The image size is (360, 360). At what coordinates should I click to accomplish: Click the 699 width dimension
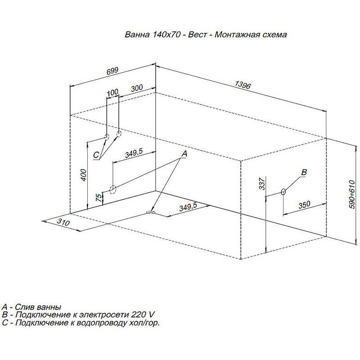click(x=113, y=71)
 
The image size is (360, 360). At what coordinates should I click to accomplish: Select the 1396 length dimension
click(x=243, y=85)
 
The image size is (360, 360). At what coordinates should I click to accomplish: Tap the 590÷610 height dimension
click(x=352, y=194)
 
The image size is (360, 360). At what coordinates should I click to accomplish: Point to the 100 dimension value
click(x=112, y=93)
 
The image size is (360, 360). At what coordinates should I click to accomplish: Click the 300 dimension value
click(x=137, y=88)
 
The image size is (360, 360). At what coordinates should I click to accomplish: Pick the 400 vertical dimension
click(x=84, y=175)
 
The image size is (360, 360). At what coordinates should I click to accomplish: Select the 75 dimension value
click(x=99, y=198)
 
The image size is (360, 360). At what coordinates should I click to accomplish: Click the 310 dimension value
click(x=63, y=222)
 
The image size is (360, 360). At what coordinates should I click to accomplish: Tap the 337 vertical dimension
click(x=262, y=184)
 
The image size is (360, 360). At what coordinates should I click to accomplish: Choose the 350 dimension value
click(x=305, y=205)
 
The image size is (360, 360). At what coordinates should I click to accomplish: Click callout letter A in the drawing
click(x=184, y=154)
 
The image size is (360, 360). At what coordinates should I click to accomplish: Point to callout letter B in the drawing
click(x=304, y=172)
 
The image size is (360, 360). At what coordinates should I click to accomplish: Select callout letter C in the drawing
click(x=96, y=155)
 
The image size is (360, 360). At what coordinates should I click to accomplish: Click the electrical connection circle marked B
click(x=283, y=192)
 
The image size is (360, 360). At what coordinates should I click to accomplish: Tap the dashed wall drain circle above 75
click(x=113, y=189)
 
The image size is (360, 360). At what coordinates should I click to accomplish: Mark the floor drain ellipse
click(x=151, y=212)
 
